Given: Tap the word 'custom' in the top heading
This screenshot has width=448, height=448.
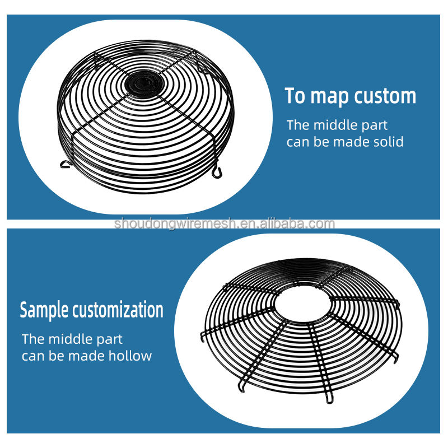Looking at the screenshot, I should point(386,96).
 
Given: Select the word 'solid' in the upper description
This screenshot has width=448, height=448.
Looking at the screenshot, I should point(388,142).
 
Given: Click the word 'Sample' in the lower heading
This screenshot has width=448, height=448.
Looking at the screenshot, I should point(45,310).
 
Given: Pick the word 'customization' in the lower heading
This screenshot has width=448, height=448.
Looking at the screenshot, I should point(118,310).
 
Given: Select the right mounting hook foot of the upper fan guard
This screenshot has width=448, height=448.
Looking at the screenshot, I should point(218,167).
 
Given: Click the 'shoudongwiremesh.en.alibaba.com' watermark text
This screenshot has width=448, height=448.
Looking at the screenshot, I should point(224,224).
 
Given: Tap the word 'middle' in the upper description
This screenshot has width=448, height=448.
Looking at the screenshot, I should point(336,125).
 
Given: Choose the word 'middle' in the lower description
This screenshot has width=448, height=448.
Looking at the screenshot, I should point(71,339).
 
